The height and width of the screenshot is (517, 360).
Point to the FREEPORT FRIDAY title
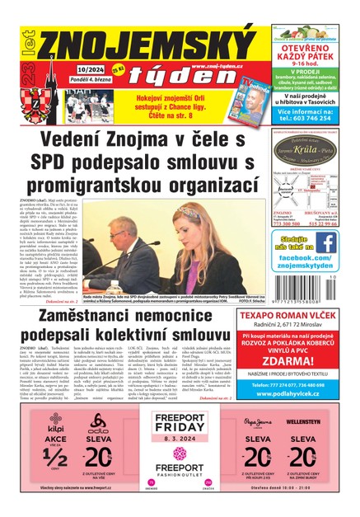pyautogui.click(x=179, y=429)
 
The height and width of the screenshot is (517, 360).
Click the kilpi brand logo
pyautogui.click(x=55, y=430)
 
